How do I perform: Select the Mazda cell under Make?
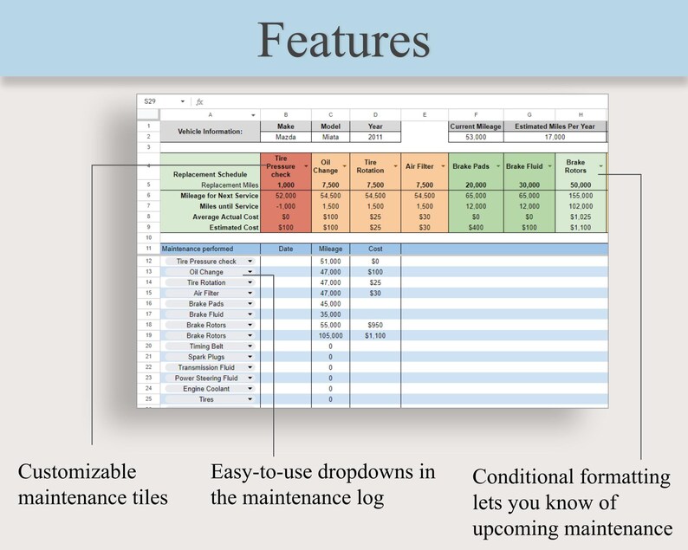tap(285, 137)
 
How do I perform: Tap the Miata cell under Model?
tap(330, 137)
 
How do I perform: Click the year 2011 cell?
tap(375, 137)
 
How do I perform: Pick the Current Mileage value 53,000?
tap(476, 137)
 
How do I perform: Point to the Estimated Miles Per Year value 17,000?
tap(555, 137)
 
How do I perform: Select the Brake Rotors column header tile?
tap(575, 165)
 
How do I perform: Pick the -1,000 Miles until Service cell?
tap(285, 206)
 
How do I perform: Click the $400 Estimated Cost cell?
tap(476, 227)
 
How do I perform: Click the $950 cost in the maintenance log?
tap(375, 325)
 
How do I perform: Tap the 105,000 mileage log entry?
tap(330, 335)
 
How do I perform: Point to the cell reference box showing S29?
tap(151, 101)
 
